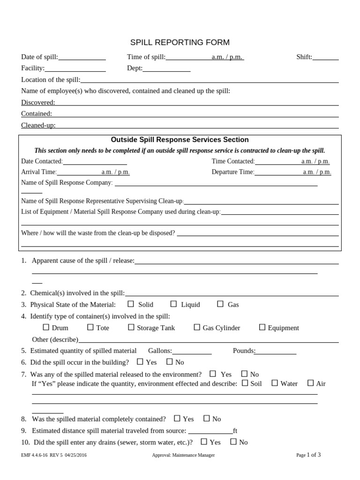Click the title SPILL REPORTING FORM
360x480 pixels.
click(x=180, y=43)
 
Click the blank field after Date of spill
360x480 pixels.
click(x=82, y=58)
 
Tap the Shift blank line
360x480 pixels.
click(x=326, y=58)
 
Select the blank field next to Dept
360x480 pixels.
click(x=166, y=68)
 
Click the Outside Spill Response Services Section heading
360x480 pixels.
click(x=180, y=140)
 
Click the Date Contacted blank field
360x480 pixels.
click(x=95, y=162)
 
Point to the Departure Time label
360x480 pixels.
click(x=232, y=172)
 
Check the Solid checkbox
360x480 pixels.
click(x=131, y=304)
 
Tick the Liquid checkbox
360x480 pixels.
click(x=173, y=304)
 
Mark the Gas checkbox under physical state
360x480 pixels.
click(x=220, y=304)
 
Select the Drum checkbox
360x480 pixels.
click(x=46, y=327)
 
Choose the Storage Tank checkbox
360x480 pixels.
click(x=131, y=327)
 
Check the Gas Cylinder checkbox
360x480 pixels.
click(x=197, y=327)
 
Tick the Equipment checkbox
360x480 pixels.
click(x=262, y=327)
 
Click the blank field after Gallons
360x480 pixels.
click(x=192, y=351)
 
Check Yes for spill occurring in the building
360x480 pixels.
click(x=140, y=362)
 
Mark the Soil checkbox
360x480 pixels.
click(x=245, y=383)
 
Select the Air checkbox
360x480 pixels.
click(x=310, y=383)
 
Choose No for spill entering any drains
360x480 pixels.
click(x=233, y=442)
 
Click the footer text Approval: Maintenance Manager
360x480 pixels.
click(x=183, y=455)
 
